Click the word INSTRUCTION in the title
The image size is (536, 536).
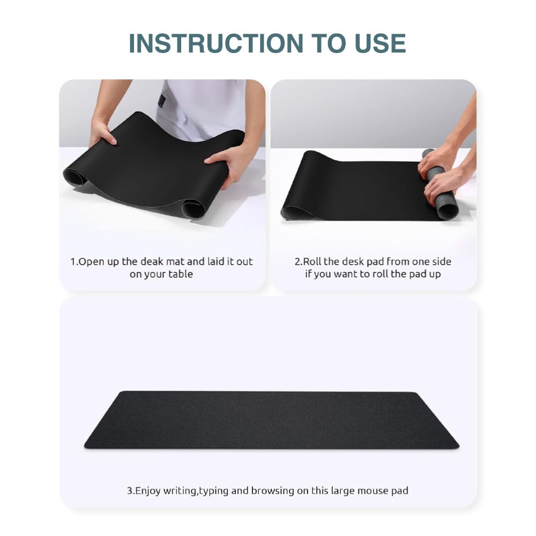pos(216,43)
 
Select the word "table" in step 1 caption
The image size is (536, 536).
pos(181,274)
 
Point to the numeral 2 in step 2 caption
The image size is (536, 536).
pos(297,262)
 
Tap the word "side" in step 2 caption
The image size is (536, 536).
pos(442,262)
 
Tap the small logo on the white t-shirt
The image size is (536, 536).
pos(162,100)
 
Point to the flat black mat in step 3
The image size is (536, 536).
pos(272,420)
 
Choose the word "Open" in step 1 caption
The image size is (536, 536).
pos(91,262)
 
